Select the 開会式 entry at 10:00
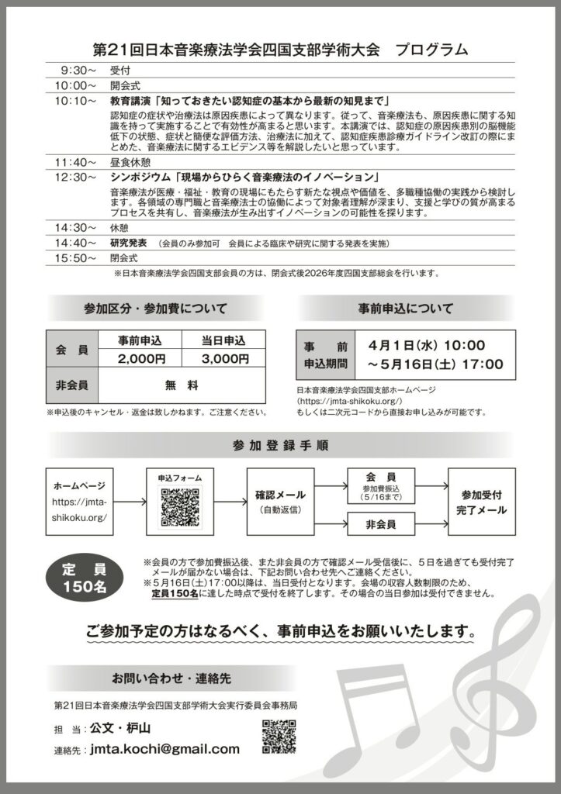(126, 85)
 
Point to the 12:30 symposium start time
(75, 177)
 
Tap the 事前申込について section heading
(405, 308)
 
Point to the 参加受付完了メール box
(483, 502)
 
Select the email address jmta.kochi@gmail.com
(164, 749)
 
